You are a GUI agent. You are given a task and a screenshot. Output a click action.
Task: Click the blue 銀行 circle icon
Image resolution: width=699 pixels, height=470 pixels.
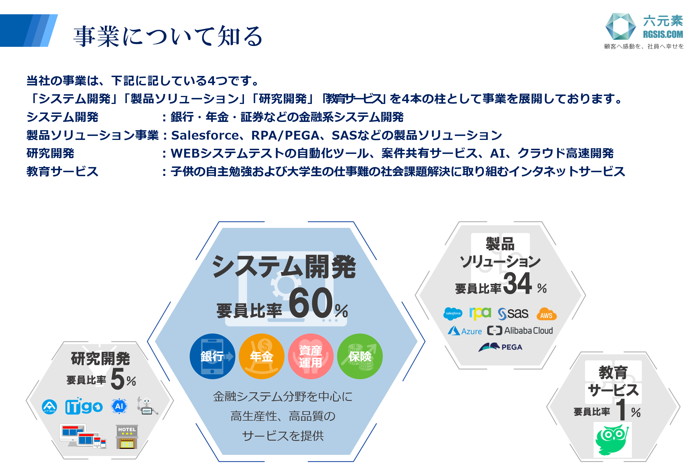pos(212,356)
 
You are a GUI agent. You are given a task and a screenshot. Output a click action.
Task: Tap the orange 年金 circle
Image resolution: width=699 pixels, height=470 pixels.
pos(261,356)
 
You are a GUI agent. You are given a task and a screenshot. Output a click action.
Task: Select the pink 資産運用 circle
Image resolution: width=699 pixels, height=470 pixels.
pos(311,356)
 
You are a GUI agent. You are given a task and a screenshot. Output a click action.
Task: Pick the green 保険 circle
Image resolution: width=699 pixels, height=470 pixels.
pos(360,356)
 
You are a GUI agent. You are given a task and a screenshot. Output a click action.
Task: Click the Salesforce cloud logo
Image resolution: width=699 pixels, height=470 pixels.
pos(453,314)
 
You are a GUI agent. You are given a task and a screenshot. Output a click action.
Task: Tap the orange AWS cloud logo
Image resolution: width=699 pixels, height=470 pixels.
pos(546,314)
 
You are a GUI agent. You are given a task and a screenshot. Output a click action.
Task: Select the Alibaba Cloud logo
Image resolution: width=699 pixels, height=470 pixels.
pos(520,331)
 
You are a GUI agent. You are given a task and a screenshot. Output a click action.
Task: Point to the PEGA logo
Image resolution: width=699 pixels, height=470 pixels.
pos(500,347)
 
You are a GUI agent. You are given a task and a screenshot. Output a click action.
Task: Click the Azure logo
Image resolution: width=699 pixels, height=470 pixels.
pos(464,331)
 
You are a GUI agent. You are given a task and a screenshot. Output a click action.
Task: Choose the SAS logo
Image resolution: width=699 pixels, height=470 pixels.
pos(513,314)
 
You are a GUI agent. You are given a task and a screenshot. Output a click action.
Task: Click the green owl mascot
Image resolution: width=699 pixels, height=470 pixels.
pos(612,439)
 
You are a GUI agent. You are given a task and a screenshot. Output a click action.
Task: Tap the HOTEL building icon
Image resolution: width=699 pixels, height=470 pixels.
pos(127,437)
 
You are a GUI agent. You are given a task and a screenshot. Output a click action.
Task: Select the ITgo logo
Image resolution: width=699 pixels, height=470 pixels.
pos(84,406)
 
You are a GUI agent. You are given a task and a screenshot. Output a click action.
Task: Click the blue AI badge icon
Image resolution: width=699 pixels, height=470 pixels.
pos(119,406)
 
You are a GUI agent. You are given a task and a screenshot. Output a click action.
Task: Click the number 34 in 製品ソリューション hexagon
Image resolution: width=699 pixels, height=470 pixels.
pos(517,283)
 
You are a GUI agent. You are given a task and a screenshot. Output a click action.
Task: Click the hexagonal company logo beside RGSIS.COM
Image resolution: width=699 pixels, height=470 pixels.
pos(620,26)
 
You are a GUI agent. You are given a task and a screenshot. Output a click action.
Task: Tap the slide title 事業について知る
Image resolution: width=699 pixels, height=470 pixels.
pos(168,36)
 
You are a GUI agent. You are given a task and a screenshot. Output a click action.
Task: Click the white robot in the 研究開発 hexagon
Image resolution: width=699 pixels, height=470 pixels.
pos(147,405)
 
